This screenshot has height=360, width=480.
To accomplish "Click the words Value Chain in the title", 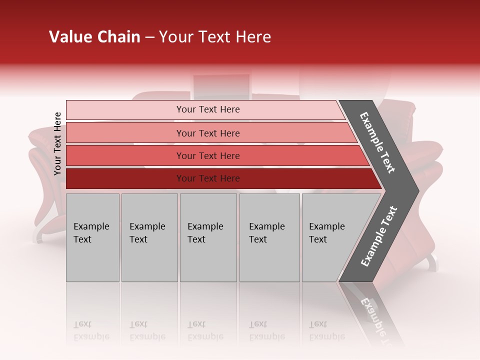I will (94, 37).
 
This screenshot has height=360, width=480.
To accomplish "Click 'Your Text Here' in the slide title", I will (215, 37).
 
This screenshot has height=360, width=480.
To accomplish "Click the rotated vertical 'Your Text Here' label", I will (57, 143).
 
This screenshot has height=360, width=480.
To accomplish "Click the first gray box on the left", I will (92, 237).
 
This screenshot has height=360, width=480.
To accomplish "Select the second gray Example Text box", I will (149, 237).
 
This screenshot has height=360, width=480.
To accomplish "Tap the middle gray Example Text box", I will (208, 237).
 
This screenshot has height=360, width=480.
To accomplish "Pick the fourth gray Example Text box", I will (269, 237).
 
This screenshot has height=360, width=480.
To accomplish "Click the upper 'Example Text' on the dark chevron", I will (377, 142).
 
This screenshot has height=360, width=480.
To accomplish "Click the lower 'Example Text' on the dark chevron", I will (379, 236).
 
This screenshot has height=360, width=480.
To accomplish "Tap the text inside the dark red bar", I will (208, 178).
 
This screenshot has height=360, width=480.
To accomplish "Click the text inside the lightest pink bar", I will (208, 109).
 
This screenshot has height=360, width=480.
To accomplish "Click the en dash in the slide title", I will (149, 37).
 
